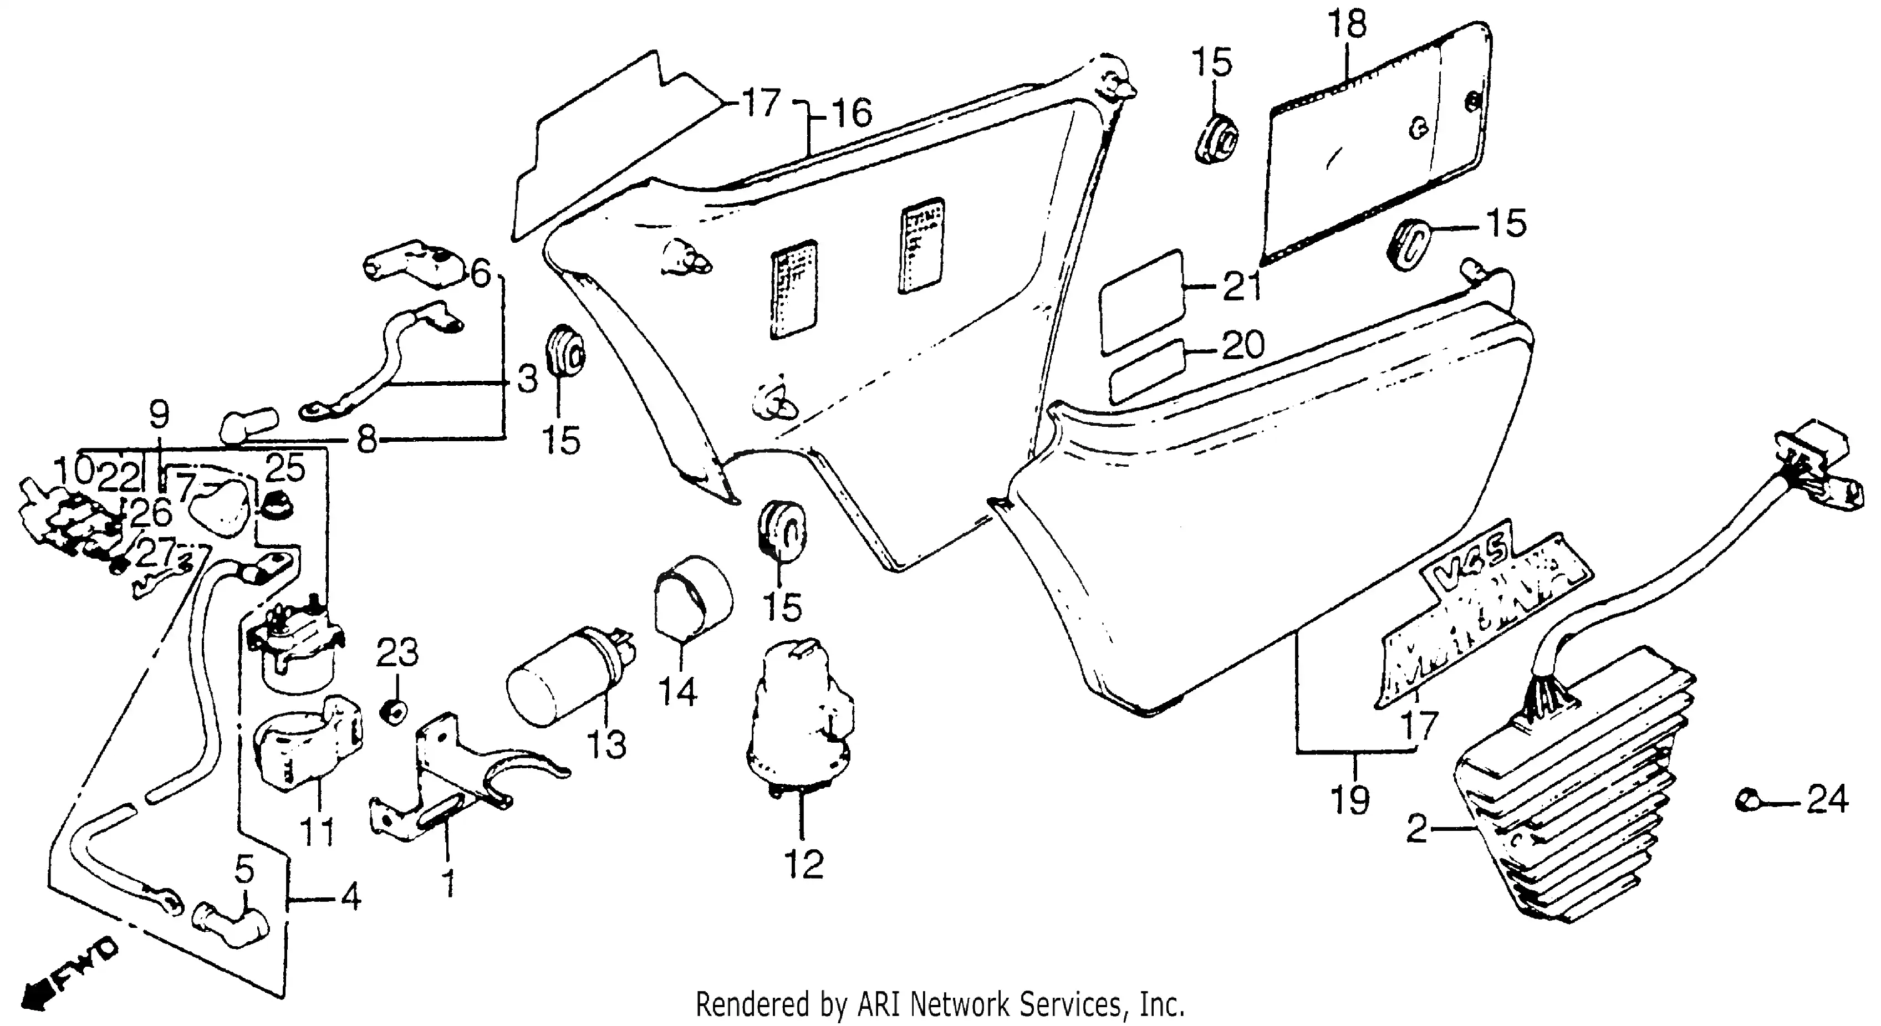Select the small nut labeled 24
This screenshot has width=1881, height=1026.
click(1747, 800)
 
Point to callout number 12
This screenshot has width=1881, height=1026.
click(804, 865)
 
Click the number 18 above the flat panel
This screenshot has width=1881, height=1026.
click(1347, 25)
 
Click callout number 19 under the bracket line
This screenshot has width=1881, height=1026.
click(1350, 800)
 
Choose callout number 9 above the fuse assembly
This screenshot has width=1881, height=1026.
click(159, 415)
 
